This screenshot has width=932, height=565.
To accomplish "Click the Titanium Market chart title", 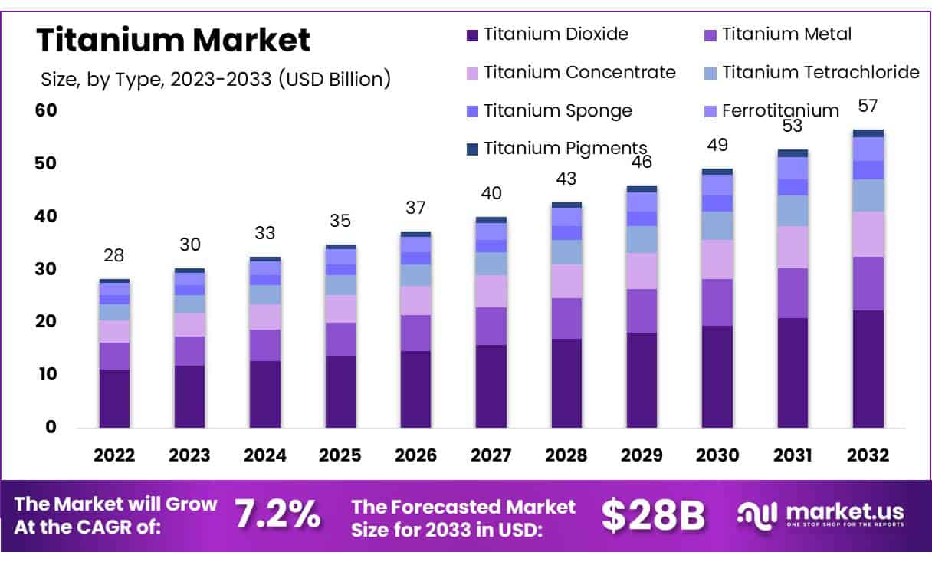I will (x=173, y=40).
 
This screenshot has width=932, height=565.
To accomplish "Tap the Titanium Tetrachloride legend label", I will (x=820, y=72).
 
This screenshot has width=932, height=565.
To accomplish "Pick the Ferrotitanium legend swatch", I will (x=710, y=111).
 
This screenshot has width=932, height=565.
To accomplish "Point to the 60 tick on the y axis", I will (x=46, y=110).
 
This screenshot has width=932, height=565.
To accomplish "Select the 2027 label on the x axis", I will (x=491, y=455).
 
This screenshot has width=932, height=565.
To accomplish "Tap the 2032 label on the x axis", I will (x=868, y=455).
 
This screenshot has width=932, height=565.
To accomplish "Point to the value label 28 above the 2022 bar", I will (x=113, y=255).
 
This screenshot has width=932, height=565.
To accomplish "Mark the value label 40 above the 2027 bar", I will (x=491, y=193).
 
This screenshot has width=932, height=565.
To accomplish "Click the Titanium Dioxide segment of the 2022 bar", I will (x=114, y=399).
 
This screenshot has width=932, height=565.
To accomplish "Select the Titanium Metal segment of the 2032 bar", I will (x=868, y=284).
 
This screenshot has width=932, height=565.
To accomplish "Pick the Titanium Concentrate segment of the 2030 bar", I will (x=717, y=260).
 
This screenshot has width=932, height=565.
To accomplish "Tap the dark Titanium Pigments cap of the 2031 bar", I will (x=793, y=153).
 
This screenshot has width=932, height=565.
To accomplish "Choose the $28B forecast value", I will (x=652, y=515).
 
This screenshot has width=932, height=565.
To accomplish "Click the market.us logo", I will (x=820, y=514).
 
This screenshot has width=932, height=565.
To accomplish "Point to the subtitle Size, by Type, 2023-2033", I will (x=215, y=77).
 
